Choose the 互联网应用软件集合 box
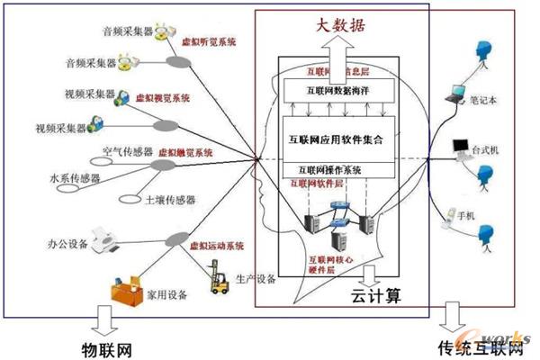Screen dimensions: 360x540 (x=338, y=140)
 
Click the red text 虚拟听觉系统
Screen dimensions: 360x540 (x=208, y=41)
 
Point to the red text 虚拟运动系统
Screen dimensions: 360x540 (x=214, y=245)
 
